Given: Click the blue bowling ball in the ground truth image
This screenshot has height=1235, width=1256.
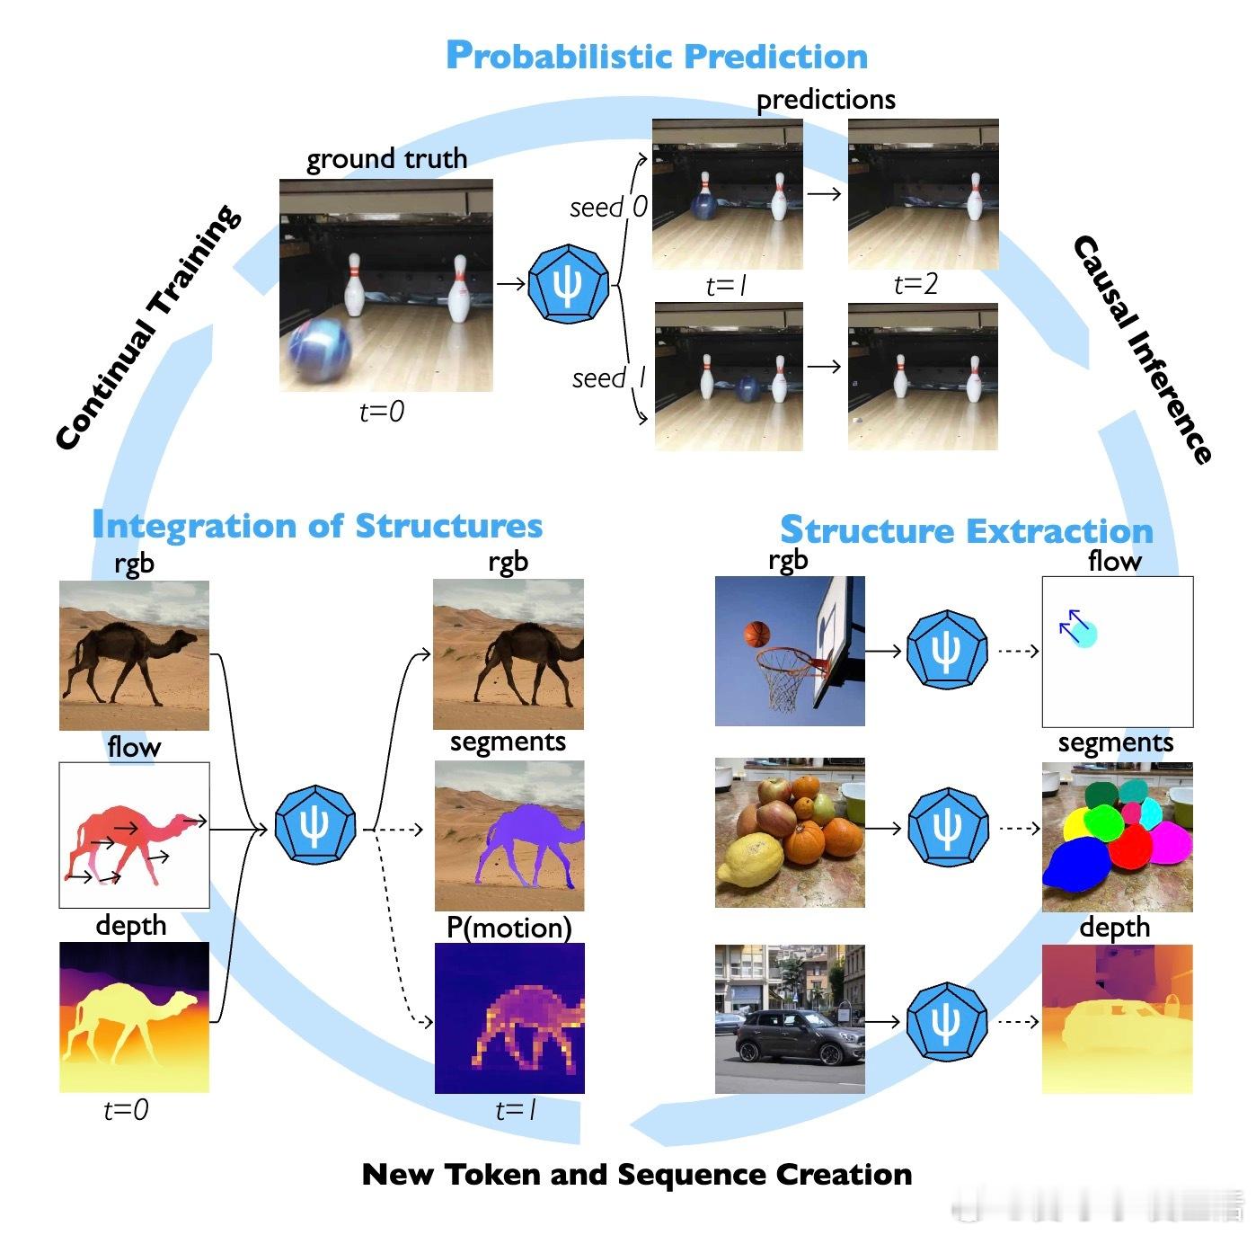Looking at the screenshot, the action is pos(319,352).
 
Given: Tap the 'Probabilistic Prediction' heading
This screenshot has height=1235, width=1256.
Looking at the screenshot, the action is pos(657,56).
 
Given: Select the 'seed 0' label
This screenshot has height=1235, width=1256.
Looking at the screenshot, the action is pos(609,208).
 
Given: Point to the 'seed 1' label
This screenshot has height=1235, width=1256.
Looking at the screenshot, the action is pos(609,378).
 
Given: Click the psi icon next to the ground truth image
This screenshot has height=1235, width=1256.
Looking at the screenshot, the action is pos(569,284).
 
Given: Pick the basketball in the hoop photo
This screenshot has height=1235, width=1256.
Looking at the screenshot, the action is pos(756,635).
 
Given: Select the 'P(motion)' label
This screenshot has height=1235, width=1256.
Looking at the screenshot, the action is pos(509,928).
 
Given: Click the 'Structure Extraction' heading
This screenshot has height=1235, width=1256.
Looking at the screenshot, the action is pos(967,529).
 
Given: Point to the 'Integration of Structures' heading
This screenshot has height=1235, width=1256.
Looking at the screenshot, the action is pos(317,525).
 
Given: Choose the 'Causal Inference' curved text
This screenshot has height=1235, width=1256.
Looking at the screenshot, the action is pos(1143,350).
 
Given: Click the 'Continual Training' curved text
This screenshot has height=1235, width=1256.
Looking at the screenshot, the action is pos(148,327).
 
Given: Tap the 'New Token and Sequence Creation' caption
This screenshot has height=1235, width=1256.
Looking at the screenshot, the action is pos(637,1174).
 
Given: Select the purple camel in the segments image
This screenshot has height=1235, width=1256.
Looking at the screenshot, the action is pos(528,844).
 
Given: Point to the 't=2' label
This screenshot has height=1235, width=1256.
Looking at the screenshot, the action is pos(915,284).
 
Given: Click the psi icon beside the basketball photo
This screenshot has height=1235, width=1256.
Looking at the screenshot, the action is pos(947,650).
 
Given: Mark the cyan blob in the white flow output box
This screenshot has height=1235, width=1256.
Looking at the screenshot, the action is pos(1084,633).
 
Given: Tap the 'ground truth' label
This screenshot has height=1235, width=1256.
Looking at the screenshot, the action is pos(386,159).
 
